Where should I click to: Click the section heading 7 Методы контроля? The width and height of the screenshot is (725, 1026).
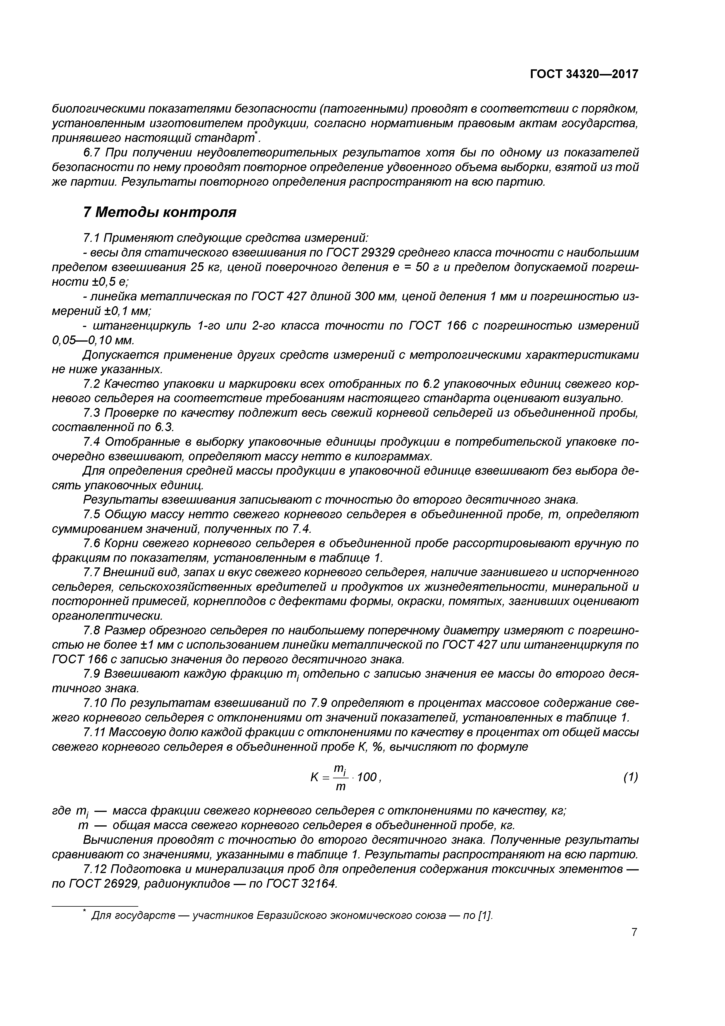[x=160, y=212]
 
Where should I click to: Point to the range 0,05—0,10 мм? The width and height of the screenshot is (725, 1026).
[x=93, y=340]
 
